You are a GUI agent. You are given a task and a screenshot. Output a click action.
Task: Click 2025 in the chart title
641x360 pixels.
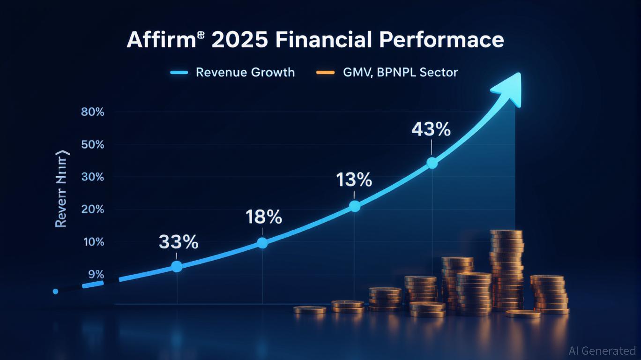(x=240, y=40)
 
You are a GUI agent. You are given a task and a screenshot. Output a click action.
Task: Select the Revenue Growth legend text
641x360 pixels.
(x=245, y=73)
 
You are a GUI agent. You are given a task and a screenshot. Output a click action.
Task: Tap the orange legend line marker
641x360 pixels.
(x=325, y=73)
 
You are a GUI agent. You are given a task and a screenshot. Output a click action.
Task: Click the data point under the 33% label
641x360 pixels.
(x=177, y=266)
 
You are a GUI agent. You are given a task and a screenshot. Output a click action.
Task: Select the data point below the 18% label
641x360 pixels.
(x=262, y=243)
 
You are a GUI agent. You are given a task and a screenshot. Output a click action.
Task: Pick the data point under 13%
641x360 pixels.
(x=355, y=206)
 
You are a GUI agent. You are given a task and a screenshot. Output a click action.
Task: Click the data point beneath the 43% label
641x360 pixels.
(x=432, y=163)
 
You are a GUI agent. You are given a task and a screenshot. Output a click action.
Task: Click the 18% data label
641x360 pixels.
(x=264, y=217)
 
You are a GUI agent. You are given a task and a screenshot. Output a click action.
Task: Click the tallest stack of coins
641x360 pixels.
(x=507, y=270)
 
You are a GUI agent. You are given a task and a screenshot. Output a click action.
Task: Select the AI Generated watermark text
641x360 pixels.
(x=602, y=351)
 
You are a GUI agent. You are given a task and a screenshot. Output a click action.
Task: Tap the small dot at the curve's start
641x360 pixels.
(x=56, y=292)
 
